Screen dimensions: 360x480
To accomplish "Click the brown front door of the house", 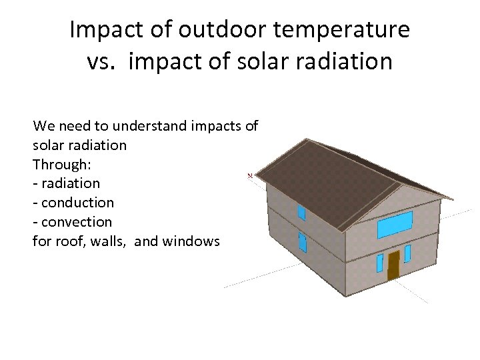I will coord(393,265).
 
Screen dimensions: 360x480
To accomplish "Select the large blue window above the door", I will coord(395,225).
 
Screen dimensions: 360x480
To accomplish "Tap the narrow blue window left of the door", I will coord(380,263).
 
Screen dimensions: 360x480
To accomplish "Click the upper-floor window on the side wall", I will coord(301,213).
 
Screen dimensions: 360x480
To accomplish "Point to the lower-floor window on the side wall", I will coord(303,242).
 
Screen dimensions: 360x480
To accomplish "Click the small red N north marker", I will coord(250,175).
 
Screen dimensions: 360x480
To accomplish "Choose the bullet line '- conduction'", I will coord(73,202).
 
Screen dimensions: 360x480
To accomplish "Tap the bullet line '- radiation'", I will coord(66,183).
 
